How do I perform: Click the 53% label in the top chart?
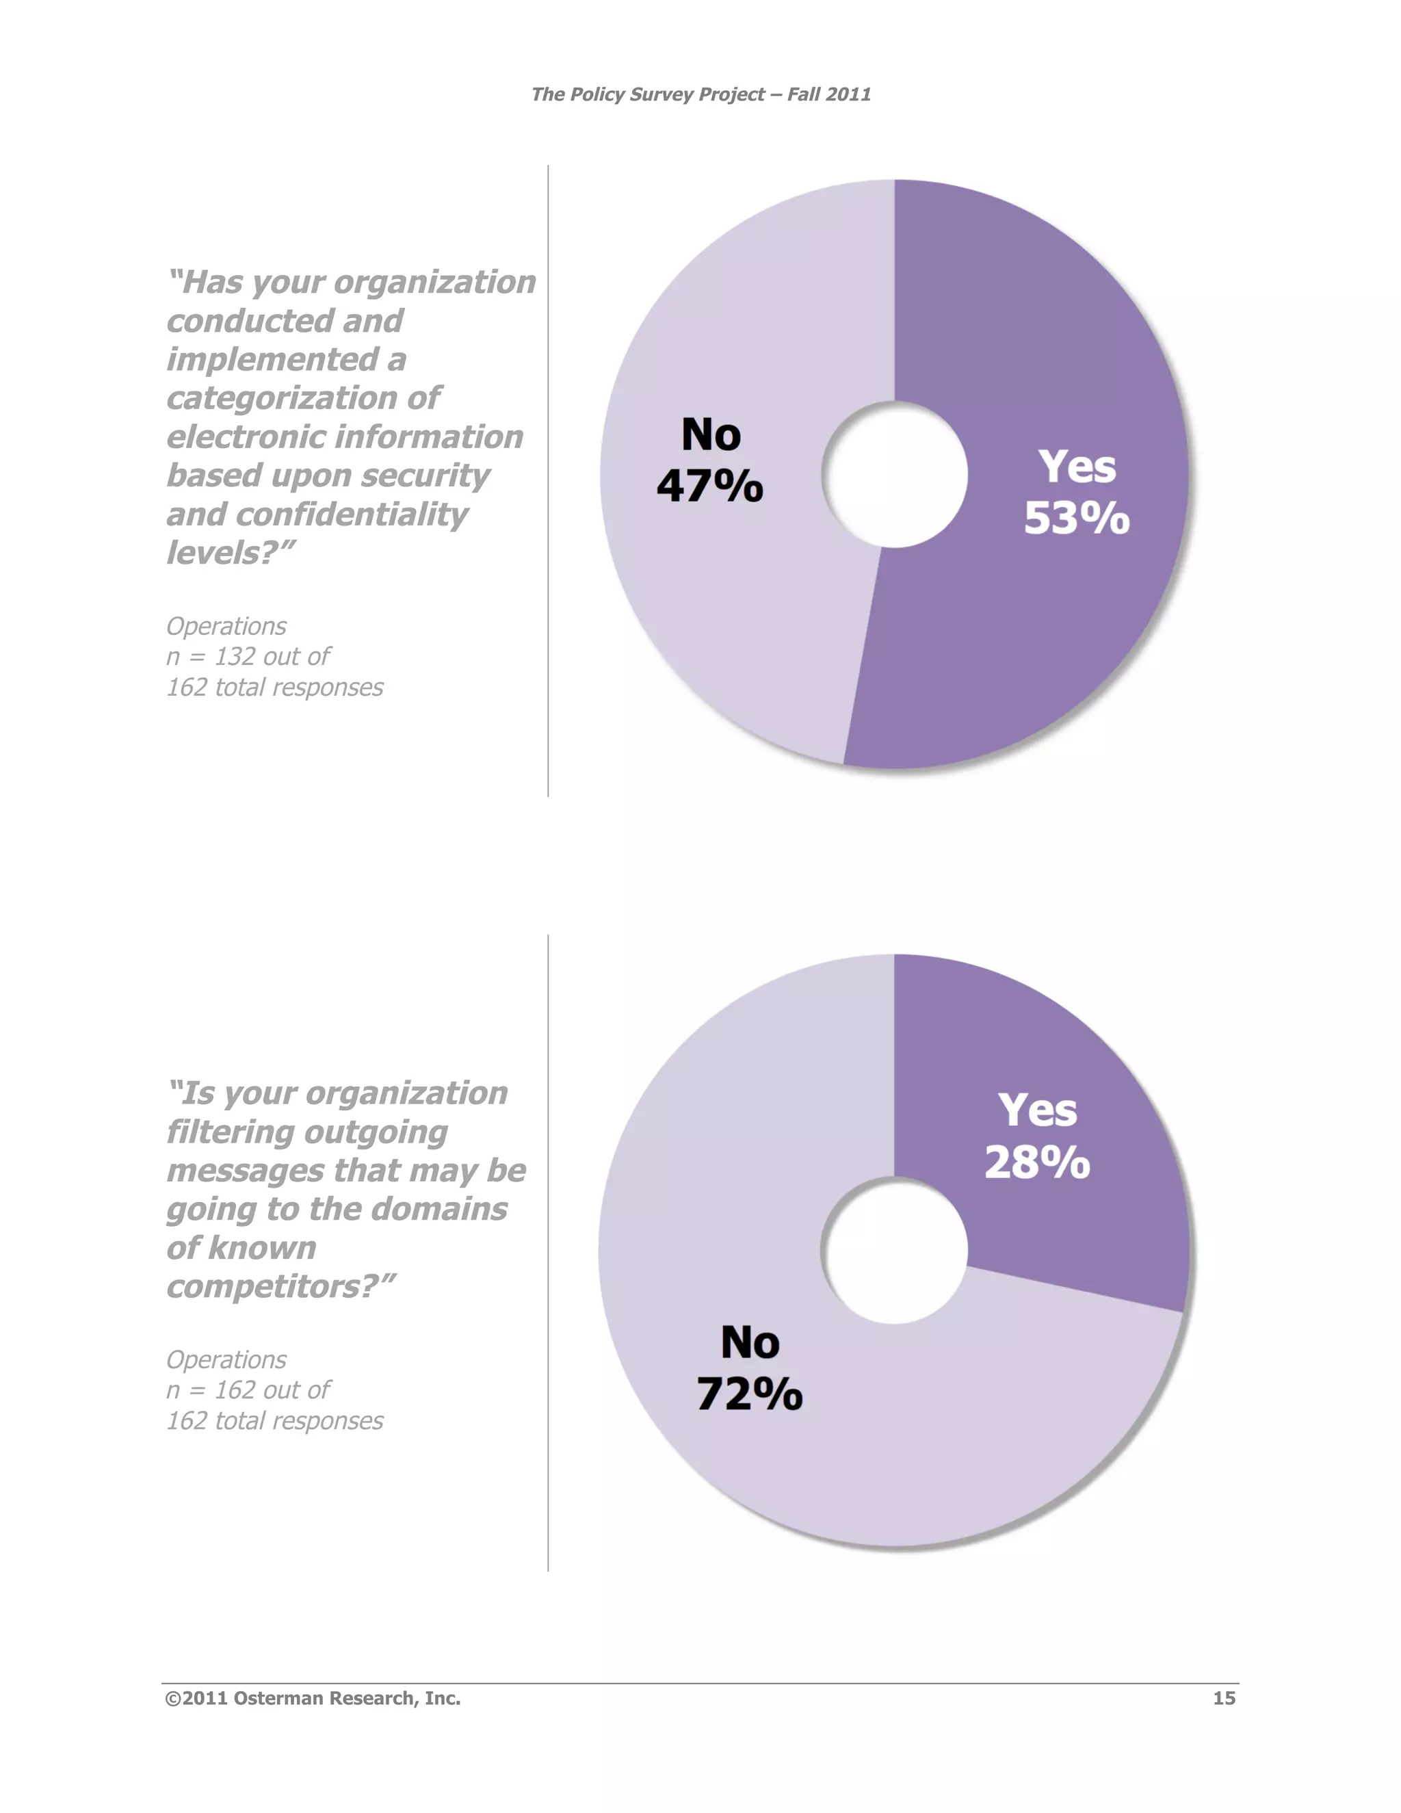1077,519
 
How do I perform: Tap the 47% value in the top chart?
709,486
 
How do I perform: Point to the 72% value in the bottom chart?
750,1394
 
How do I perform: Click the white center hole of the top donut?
895,475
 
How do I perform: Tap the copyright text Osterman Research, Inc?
313,1699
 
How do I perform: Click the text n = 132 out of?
248,657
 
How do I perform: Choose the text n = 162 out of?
248,1390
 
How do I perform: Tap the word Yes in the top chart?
1077,467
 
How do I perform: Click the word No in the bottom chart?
750,1342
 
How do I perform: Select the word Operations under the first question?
226,626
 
